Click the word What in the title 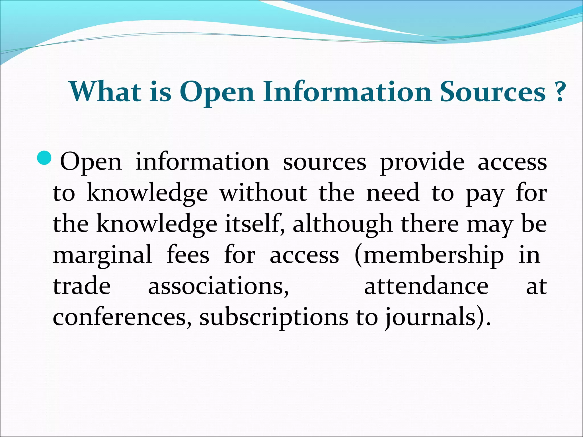tap(106, 92)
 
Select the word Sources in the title tap(492, 92)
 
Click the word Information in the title tap(347, 92)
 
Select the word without tap(263, 193)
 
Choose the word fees tap(188, 255)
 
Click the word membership tap(429, 255)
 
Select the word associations tap(218, 286)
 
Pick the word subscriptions tap(274, 318)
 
